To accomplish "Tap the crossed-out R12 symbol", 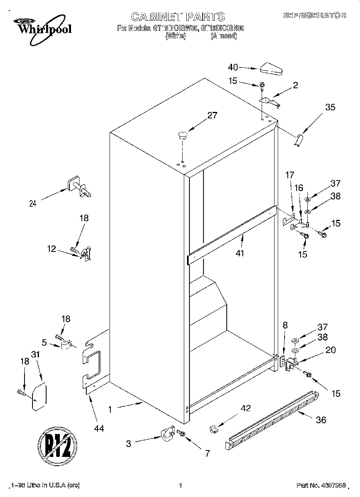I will tap(57, 446).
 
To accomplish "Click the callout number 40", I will tap(233, 67).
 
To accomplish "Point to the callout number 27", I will tap(212, 116).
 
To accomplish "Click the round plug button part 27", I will tap(183, 135).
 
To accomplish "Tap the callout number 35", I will tap(330, 107).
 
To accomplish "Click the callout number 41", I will tap(240, 254).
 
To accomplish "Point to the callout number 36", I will tap(321, 420).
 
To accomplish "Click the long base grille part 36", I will tap(273, 419).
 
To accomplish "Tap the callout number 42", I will tap(246, 408).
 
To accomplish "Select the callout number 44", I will tap(99, 429).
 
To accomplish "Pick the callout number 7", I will tap(207, 454).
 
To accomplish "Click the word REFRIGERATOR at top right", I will tap(314, 16).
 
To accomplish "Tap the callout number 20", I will tap(330, 350).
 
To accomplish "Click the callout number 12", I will tap(51, 249).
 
